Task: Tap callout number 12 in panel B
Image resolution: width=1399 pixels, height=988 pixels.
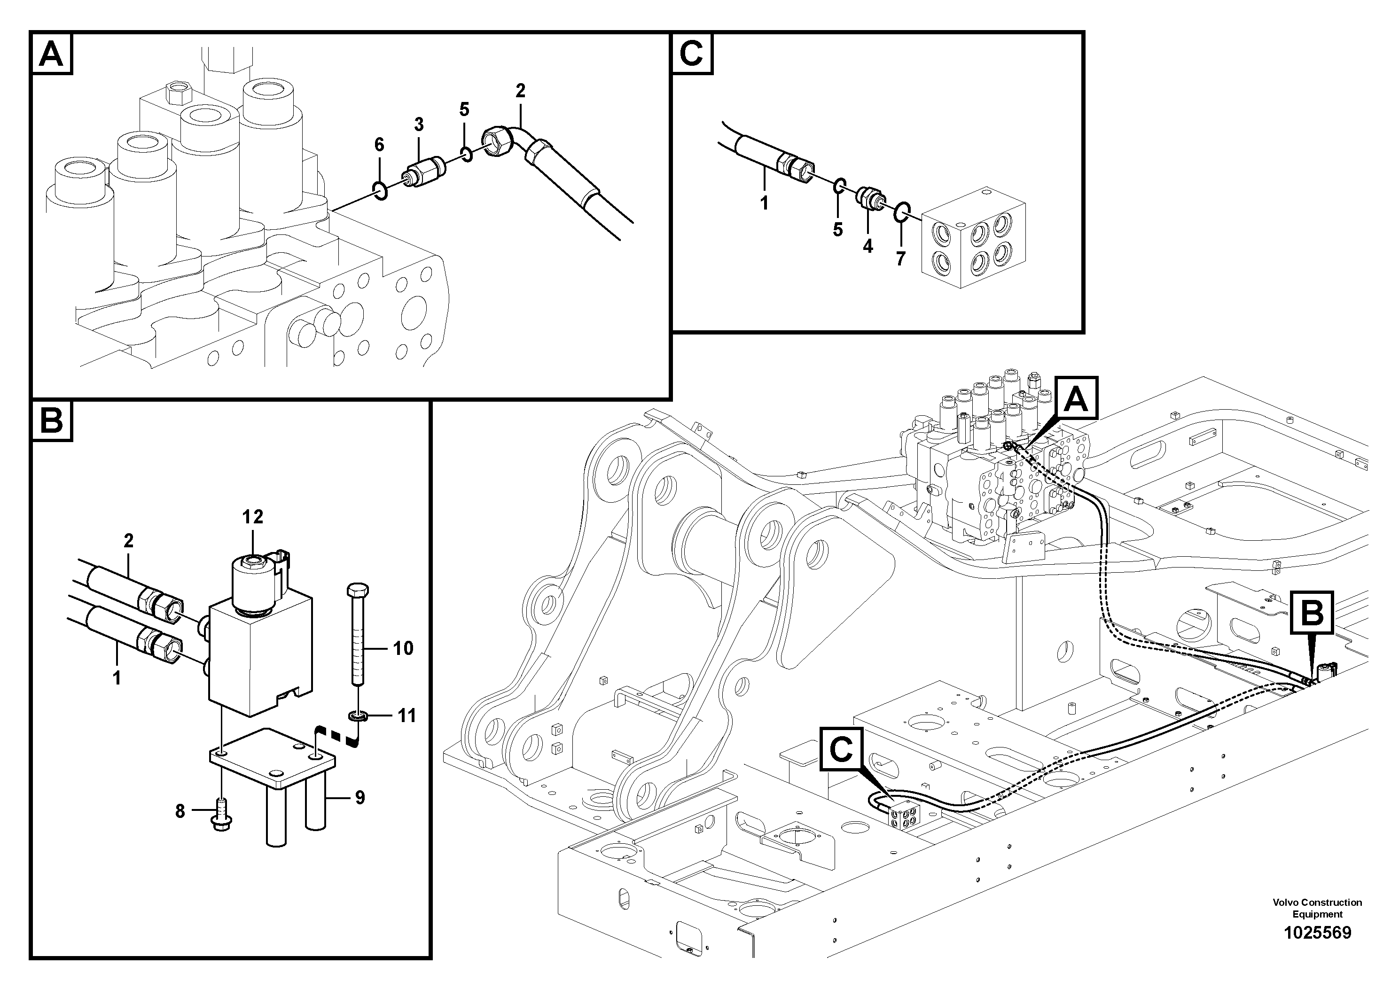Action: coord(252,516)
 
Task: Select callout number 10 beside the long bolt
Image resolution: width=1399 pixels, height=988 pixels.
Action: coord(403,648)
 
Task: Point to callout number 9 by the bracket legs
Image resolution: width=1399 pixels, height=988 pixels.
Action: coord(360,797)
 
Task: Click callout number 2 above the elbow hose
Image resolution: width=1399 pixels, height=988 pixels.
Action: coord(520,91)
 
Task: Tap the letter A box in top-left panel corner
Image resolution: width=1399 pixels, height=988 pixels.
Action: coord(51,54)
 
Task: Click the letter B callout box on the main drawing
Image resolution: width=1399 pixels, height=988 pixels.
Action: coord(1311,613)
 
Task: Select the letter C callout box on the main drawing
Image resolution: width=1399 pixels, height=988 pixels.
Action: coord(841,749)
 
